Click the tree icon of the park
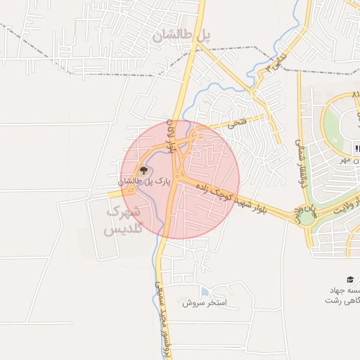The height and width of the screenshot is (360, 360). tap(143, 170)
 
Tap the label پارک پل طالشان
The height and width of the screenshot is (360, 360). tap(146, 181)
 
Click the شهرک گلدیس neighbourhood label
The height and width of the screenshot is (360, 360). tap(123, 221)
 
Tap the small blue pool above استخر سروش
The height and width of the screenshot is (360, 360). tap(204, 292)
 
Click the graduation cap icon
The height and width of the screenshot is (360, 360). tap(349, 279)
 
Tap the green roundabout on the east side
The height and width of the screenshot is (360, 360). tap(307, 217)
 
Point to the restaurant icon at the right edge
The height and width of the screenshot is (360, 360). tap(357, 148)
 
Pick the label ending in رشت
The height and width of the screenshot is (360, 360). tap(342, 300)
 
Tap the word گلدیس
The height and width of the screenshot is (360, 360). tap(123, 229)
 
